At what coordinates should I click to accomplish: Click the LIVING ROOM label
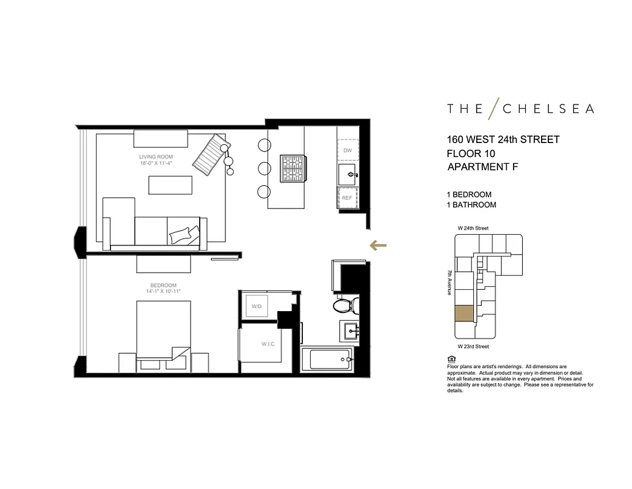point(156,156)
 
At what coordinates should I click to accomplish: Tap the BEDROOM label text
point(163,285)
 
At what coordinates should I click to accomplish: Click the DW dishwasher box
point(347,150)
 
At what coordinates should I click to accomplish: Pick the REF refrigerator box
point(347,198)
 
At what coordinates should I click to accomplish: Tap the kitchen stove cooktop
point(292,168)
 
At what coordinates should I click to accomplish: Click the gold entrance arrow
point(379,246)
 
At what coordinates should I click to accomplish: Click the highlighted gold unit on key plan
point(464,313)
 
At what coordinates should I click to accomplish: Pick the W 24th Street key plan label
point(473,228)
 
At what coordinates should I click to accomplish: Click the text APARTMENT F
point(482,167)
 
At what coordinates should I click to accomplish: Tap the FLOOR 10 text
point(471,153)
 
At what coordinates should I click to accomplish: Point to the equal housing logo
point(451,359)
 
